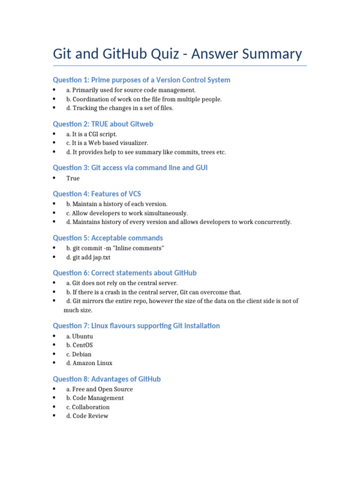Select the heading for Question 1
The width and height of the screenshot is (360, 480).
[142, 80]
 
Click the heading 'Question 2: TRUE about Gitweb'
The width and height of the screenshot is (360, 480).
[103, 124]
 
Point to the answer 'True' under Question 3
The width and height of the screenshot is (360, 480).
[73, 178]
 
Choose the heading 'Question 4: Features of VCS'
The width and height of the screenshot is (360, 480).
[97, 194]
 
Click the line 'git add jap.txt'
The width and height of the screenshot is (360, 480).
[88, 257]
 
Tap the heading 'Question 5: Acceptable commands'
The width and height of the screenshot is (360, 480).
[108, 238]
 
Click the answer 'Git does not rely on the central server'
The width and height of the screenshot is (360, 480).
[122, 283]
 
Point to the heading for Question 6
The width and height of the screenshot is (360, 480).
[125, 273]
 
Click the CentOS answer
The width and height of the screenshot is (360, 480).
[79, 345]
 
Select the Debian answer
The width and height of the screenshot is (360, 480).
[79, 354]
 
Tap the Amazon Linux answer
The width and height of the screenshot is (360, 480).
[89, 363]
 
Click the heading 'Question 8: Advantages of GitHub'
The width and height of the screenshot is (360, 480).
[106, 379]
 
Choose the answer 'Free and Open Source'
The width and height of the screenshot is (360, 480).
[99, 389]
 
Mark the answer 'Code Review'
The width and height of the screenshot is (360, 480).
[87, 416]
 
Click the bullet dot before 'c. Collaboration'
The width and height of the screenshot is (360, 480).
[54, 407]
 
